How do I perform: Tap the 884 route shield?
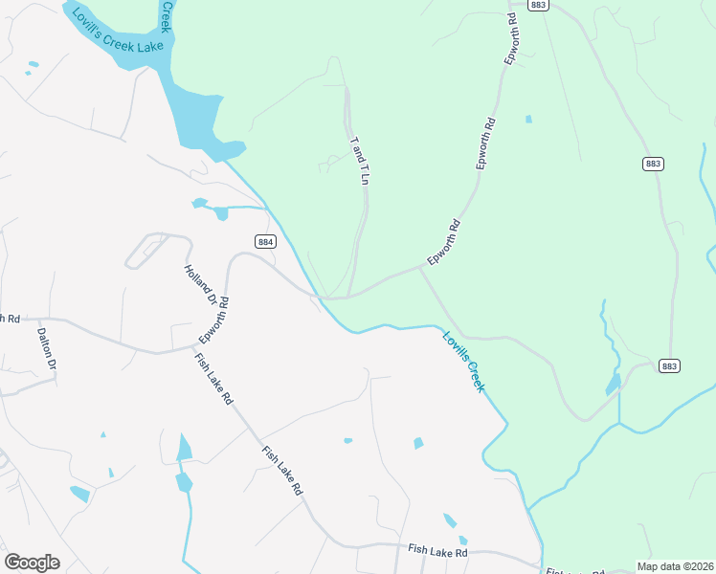[266, 242]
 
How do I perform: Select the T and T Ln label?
[361, 160]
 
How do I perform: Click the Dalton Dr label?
[47, 349]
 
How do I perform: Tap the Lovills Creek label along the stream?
[463, 360]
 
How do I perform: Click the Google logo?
[32, 563]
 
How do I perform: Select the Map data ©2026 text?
[675, 566]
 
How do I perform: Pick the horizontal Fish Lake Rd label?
[437, 552]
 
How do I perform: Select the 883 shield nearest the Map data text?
[670, 366]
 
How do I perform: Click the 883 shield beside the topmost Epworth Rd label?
[538, 6]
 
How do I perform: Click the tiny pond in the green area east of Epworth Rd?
[528, 120]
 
